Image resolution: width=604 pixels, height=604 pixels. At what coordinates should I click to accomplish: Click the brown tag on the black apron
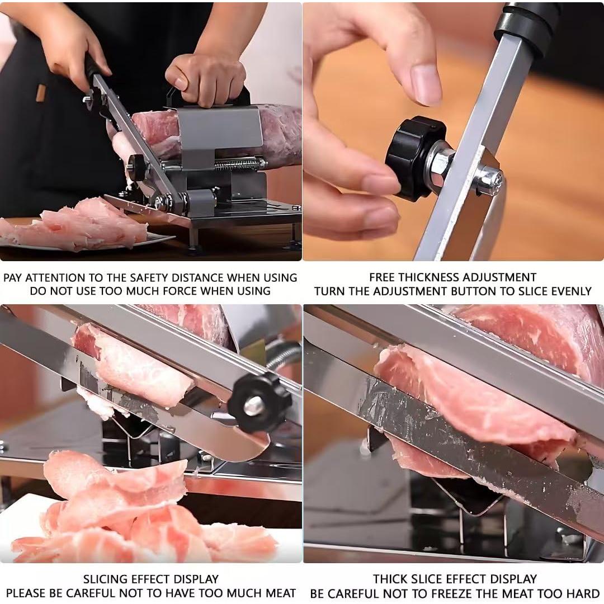[41, 93]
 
